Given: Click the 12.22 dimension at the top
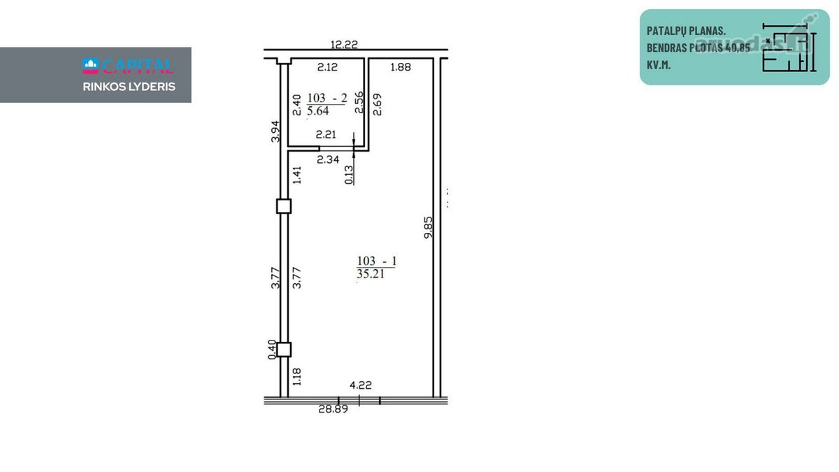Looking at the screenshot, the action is tap(344, 45).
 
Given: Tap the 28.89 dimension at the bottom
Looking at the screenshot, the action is tap(333, 409).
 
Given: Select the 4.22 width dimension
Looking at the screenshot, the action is tap(360, 385).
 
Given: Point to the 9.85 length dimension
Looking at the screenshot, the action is tap(428, 227).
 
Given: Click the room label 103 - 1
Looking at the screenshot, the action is tap(376, 261).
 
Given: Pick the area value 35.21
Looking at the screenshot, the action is tap(371, 274).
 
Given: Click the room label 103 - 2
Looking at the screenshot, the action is tap(327, 98).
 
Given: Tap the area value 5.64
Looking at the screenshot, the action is tap(317, 111).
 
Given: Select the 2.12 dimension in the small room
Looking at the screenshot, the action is tap(327, 67).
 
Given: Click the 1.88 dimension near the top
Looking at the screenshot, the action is tap(401, 67).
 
